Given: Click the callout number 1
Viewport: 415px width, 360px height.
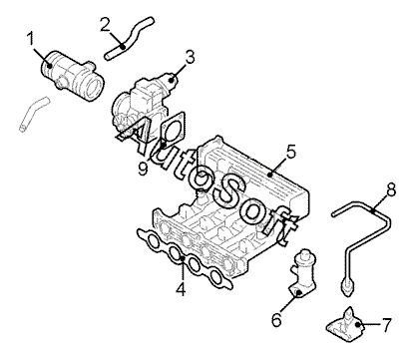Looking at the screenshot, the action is point(31,39).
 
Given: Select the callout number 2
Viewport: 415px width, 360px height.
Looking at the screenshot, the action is point(105,25).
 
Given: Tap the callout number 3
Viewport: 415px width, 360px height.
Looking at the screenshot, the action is point(190,57).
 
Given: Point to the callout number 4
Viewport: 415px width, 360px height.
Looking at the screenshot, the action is point(181,288).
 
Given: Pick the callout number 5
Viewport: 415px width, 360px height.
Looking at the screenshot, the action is point(290,152).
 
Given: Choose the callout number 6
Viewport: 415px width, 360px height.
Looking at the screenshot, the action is point(277,320).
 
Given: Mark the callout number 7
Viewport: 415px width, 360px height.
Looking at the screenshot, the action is point(386,325).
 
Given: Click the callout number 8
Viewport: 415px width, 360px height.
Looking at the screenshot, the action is point(391,190).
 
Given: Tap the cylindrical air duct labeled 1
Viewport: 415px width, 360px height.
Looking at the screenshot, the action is point(72,75).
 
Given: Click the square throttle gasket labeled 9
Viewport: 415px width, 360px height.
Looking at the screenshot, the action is point(172,130).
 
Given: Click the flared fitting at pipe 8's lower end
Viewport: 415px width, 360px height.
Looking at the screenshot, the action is point(346,288).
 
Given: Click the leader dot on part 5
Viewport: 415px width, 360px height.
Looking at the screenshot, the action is point(270,174).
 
